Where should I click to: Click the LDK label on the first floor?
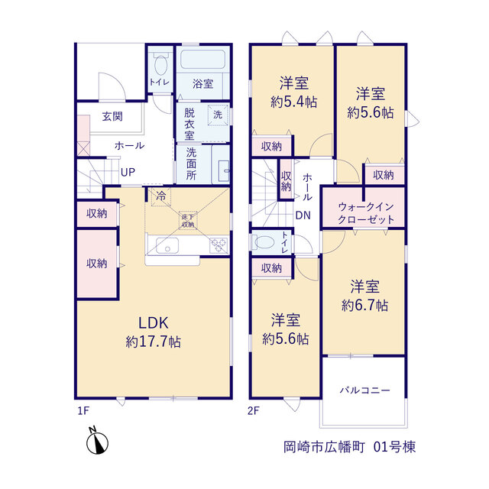pos(153,322)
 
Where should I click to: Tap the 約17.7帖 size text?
pos(153,342)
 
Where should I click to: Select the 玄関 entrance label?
pos(112,116)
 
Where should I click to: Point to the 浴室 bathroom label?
pos(202,83)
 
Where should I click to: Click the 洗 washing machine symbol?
pos(218,115)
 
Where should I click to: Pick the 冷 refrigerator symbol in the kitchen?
pos(161,196)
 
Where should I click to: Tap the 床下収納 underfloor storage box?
pos(188,220)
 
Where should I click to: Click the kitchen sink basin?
pos(167,245)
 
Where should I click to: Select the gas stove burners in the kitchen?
pos(219,244)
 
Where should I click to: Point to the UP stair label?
pos(128,172)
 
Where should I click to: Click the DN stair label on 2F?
pos(303,215)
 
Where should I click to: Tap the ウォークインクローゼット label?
pos(366,213)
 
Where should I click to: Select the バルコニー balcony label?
pos(365,390)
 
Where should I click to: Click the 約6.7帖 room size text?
pos(365,306)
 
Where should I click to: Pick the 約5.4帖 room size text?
pos(293,102)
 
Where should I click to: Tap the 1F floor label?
pos(83,411)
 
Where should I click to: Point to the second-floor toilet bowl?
pos(264,242)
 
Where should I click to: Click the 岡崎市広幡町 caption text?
pos(324,447)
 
